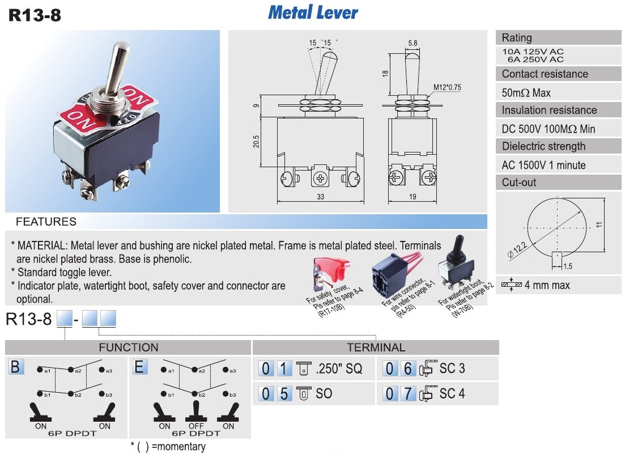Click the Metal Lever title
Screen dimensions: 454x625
(313, 12)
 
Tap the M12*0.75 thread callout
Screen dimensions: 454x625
(448, 87)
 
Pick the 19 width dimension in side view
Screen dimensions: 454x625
(412, 197)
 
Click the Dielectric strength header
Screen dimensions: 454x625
(543, 146)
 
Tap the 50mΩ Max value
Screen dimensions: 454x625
(526, 92)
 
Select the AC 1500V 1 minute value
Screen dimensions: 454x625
(543, 165)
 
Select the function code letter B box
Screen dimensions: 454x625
(15, 367)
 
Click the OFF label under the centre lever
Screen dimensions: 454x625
(197, 426)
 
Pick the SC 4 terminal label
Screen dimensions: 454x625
(452, 393)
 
